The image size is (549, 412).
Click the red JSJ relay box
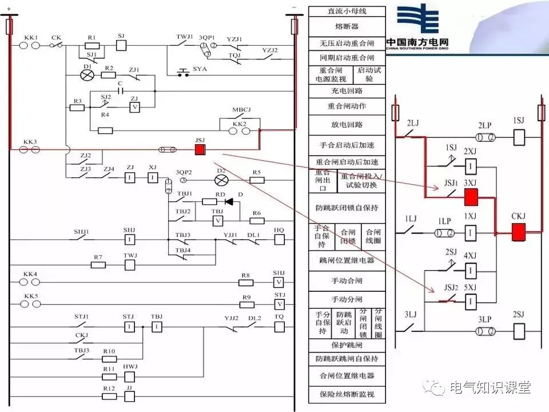pos(200,149)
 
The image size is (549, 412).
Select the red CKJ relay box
pos(519,232)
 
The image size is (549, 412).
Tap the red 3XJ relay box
pos(471,197)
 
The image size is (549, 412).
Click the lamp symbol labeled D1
pos(87,75)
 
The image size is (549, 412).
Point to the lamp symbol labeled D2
pos(221,180)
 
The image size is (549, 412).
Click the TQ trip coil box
pos(279,327)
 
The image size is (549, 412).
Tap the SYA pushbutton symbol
pos(183,74)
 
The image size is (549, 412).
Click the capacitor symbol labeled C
pos(120,90)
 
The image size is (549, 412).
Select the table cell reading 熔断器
pos(347,26)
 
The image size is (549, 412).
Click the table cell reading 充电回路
pos(347,91)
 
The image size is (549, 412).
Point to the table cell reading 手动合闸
pos(347,281)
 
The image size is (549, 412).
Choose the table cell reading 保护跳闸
pos(347,346)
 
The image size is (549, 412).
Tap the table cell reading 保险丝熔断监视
pos(347,394)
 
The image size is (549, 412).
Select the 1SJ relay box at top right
pos(519,137)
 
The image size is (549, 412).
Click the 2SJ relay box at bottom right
pos(519,331)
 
